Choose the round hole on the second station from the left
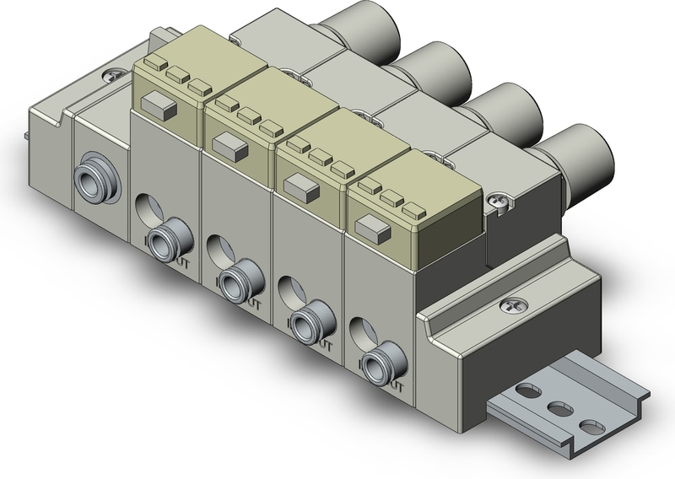[x=217, y=245]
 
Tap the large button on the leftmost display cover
[x=158, y=105]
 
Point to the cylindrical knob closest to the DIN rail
[x=575, y=150]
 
